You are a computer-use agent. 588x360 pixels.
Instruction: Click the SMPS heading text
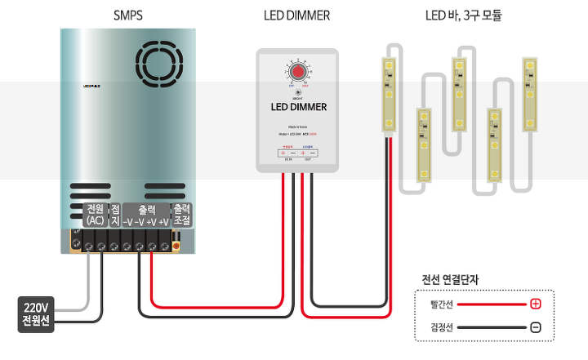point(129,15)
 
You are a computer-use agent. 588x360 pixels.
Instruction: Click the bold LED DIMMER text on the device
point(298,106)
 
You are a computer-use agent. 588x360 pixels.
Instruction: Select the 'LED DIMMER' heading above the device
point(296,15)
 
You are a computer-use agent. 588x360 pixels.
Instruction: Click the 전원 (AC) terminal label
point(95,215)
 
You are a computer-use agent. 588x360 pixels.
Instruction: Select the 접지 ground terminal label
point(115,215)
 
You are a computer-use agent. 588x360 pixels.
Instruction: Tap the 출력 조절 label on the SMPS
point(182,215)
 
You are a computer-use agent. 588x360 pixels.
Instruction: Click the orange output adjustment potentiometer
point(176,243)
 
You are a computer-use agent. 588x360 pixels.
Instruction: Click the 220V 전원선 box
point(36,314)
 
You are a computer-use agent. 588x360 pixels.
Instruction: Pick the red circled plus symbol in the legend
point(536,304)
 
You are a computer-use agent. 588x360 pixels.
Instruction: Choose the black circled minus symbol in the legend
point(536,327)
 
